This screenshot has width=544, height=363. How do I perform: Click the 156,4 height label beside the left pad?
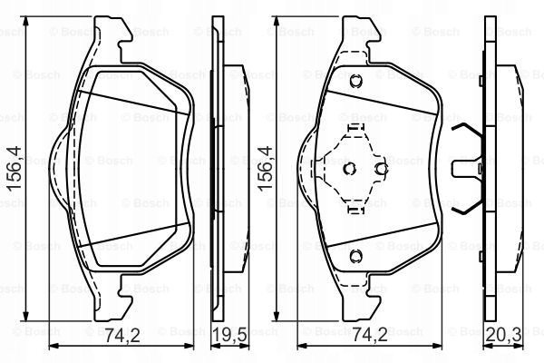15,169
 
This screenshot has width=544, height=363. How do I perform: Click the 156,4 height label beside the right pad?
265,169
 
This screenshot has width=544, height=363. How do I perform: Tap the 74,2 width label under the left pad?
122,335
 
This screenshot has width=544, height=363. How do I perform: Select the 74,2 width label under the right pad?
370,335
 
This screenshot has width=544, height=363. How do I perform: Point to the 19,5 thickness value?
229,335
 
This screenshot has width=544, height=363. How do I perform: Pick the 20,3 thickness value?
503,335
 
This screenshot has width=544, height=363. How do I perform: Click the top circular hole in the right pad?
356,82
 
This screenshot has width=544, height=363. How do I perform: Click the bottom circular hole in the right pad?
356,256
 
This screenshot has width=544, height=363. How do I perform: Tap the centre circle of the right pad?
350,169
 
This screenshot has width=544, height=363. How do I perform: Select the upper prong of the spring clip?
468,132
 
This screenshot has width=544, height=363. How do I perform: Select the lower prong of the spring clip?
468,206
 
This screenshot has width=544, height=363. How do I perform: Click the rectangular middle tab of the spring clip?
466,169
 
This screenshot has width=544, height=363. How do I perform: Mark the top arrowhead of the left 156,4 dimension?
25,21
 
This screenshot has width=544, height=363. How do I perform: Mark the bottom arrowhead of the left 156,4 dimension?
25,316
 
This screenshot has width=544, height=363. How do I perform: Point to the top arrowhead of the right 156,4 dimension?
277,21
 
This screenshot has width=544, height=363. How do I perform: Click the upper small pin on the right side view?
481,82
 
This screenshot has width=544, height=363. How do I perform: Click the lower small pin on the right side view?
481,257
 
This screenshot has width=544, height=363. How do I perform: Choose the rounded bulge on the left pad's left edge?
59,169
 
